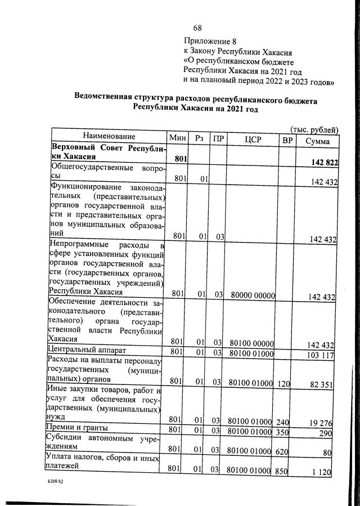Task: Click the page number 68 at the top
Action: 197,28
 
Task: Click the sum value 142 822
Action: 324,162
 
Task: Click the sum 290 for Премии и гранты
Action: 329,433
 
